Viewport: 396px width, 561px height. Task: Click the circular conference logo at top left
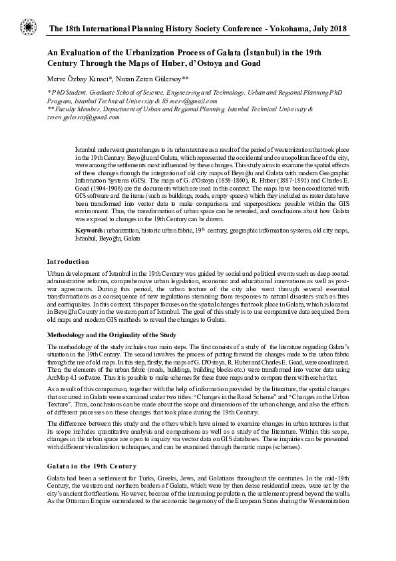(x=28, y=27)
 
